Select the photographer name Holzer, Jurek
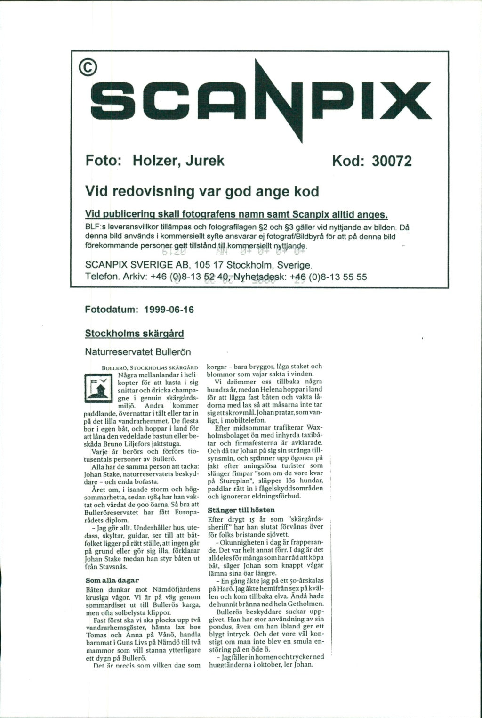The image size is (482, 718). point(179,161)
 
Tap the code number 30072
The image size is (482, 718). point(392,162)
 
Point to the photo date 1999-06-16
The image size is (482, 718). point(169,310)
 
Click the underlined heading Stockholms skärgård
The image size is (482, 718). point(134,334)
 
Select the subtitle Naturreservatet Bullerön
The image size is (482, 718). point(138,351)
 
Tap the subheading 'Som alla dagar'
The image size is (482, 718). point(112,580)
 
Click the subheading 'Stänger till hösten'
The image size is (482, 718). point(241,510)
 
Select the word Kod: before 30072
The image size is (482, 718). point(350,162)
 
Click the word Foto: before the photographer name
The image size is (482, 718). point(104,161)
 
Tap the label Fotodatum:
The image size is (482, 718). point(112,310)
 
